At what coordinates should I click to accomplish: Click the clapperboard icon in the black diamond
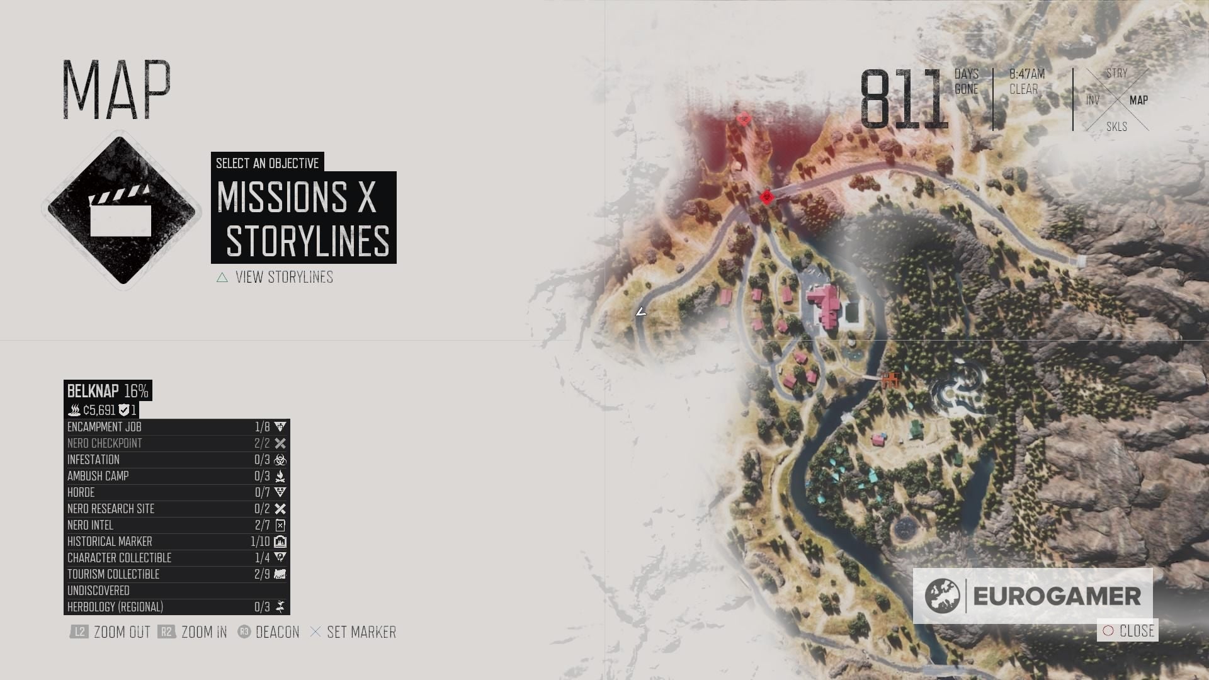(121, 210)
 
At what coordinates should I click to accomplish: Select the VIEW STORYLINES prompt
(283, 278)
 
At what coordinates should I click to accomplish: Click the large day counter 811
(904, 99)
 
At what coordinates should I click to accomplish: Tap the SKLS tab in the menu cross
(1116, 127)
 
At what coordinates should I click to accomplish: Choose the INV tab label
(1093, 101)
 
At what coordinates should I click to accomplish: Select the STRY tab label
(1116, 74)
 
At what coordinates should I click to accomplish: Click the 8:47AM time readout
(1026, 74)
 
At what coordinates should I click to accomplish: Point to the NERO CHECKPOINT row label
(105, 443)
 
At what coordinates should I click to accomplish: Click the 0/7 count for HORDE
(262, 492)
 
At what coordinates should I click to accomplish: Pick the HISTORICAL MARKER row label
(110, 541)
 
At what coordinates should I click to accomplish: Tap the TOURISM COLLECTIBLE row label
(113, 574)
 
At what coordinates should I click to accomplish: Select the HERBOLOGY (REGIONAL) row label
(115, 607)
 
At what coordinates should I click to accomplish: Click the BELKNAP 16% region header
(108, 391)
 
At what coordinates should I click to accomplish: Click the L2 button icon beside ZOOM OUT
(79, 632)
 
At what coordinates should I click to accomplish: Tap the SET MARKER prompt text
(361, 632)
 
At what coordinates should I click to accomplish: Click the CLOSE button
(1128, 631)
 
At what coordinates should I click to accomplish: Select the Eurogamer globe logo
(942, 596)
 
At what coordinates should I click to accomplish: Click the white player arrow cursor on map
(640, 312)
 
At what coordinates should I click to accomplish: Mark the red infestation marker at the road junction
(766, 198)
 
